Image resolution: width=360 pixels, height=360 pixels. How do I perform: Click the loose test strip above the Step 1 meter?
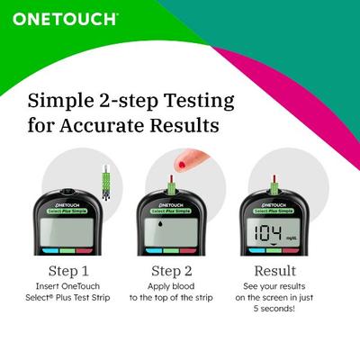tap(105, 181)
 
